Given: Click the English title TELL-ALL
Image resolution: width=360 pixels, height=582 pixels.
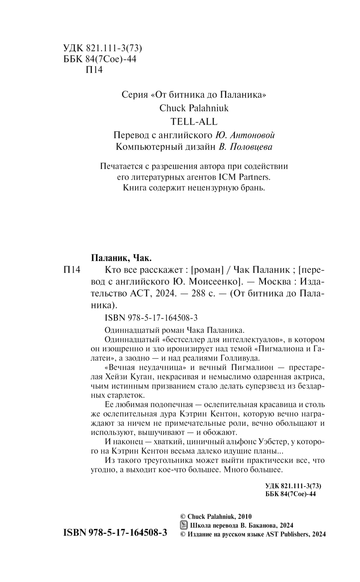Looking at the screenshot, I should click(x=194, y=121).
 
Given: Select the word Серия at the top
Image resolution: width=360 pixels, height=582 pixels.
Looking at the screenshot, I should click(x=135, y=95).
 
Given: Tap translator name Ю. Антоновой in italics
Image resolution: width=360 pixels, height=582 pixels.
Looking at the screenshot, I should click(x=245, y=135).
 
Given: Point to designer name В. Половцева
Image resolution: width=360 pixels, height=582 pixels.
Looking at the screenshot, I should click(x=245, y=147).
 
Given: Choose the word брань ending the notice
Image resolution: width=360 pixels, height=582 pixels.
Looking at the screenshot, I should click(x=254, y=188).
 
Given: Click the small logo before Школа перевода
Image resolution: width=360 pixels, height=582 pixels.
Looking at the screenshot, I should click(x=183, y=525).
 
